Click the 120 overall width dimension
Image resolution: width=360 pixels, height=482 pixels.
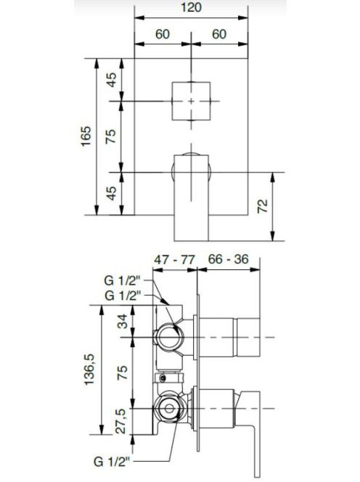pos(191,7)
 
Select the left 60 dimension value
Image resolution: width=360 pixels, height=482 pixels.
pos(163,34)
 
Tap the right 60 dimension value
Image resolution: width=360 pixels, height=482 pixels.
pos(219,34)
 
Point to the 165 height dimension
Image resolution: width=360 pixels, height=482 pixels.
pos(86,136)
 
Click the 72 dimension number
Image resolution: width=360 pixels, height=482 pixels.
pos(263,206)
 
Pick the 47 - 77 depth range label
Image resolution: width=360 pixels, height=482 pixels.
pos(174,260)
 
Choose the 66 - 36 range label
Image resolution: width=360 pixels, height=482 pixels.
pos(228,259)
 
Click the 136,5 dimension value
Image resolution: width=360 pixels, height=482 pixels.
pos(89,369)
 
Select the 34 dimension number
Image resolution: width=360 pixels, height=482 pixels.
pos(123,322)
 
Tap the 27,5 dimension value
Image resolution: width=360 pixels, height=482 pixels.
pos(121,421)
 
